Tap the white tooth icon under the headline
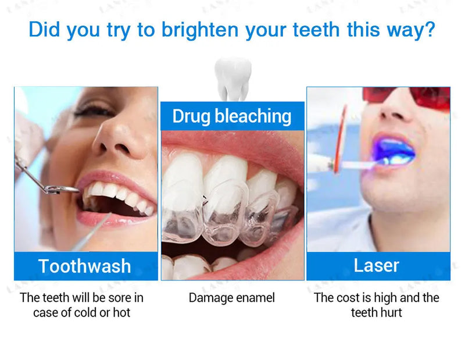point(233,79)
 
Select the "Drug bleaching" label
point(232,116)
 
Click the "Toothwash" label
point(85,266)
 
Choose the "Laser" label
point(377,265)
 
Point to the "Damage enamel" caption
point(232,298)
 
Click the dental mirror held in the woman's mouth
point(61,188)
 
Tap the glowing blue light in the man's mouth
point(393,152)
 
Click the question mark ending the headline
point(429,30)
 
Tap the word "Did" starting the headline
point(45,30)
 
